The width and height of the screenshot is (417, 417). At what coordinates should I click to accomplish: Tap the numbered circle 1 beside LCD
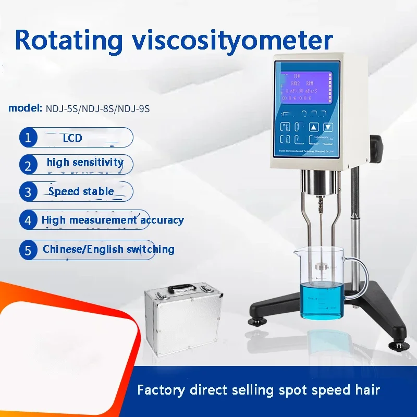click(x=28, y=138)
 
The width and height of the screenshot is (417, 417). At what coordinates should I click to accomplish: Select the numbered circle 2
click(x=28, y=165)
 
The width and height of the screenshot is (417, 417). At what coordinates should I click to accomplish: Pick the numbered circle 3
click(x=28, y=191)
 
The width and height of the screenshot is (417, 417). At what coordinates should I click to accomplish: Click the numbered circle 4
click(x=28, y=219)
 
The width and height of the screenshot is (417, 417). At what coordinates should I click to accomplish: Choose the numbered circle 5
click(x=28, y=250)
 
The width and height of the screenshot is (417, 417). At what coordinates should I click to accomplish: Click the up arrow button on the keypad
click(x=313, y=127)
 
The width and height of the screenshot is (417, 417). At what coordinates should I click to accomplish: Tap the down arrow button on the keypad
click(x=328, y=127)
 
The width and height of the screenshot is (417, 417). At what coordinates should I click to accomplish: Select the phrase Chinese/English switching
click(x=108, y=249)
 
